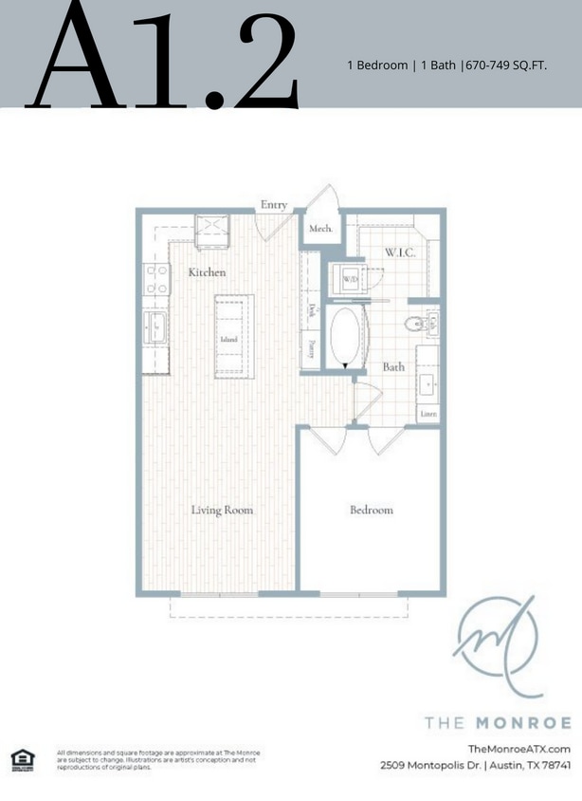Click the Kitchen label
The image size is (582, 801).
point(207,272)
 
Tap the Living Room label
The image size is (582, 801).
point(223,511)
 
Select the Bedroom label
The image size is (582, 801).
point(371,511)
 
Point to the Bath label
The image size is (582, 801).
point(394,366)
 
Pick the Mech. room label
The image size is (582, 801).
point(318,229)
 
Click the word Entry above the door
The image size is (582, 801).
point(274,205)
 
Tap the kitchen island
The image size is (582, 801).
point(228,337)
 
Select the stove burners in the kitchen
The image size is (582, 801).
point(156,280)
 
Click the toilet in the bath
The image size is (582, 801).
point(413,325)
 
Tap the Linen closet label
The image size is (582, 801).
point(427,413)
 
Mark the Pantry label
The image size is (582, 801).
point(310,348)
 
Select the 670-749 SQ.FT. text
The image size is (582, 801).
point(505,65)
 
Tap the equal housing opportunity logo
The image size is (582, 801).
point(20,757)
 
